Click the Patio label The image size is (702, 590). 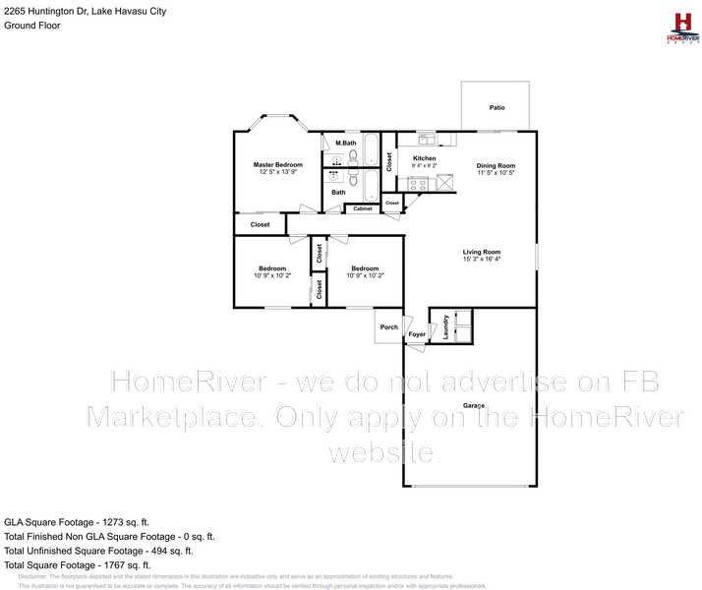pyautogui.click(x=497, y=107)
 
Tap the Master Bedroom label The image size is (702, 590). pyautogui.click(x=278, y=164)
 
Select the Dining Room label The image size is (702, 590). pyautogui.click(x=496, y=165)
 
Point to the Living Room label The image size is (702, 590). pyautogui.click(x=482, y=252)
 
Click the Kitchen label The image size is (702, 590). pyautogui.click(x=424, y=158)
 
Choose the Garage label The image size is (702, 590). pyautogui.click(x=475, y=406)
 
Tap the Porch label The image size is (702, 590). pyautogui.click(x=389, y=327)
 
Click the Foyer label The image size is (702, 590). pyautogui.click(x=417, y=335)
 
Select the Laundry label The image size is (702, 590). pyautogui.click(x=446, y=325)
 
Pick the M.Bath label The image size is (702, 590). pyautogui.click(x=345, y=145)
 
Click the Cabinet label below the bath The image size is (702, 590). pyautogui.click(x=363, y=208)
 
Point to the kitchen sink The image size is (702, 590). pyautogui.click(x=425, y=139)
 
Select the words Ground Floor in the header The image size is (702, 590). pyautogui.click(x=32, y=26)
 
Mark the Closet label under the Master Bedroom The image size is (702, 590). pyautogui.click(x=260, y=225)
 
